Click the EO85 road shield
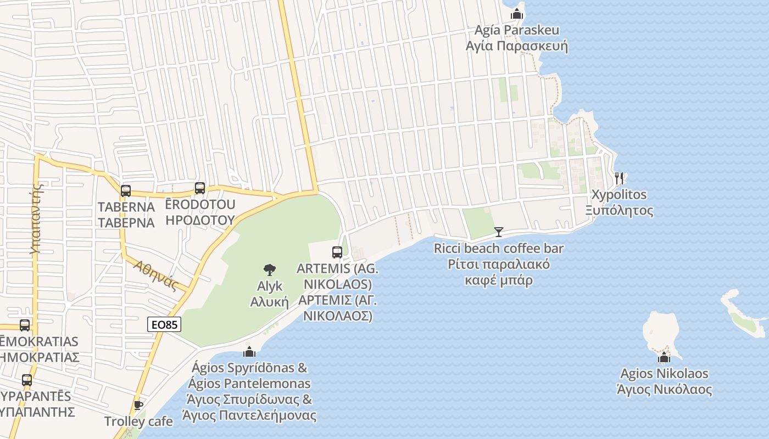click(x=164, y=325)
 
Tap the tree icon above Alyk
click(x=269, y=270)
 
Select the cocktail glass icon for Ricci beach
click(x=499, y=232)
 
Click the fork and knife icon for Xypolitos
click(x=619, y=178)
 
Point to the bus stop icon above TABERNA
click(x=126, y=191)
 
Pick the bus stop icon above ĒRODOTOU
click(x=200, y=188)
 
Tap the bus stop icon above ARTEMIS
click(x=337, y=252)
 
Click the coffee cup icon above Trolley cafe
click(x=138, y=406)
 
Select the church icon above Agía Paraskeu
click(x=516, y=14)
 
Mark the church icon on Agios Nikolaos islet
click(x=664, y=358)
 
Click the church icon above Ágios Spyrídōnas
click(x=249, y=352)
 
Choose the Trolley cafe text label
click(x=138, y=421)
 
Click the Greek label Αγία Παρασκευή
click(x=516, y=46)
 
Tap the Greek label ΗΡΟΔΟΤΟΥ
click(x=200, y=220)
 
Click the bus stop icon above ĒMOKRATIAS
click(x=25, y=325)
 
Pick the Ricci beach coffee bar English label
click(x=499, y=249)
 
